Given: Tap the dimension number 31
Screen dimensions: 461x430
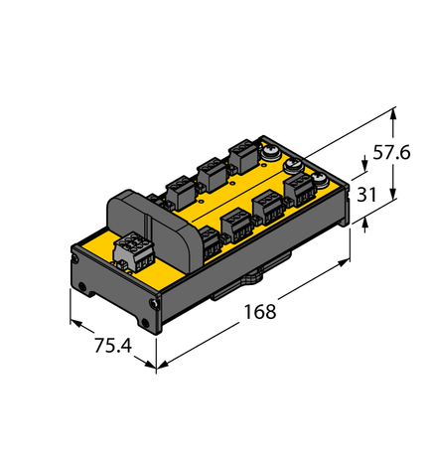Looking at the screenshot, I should coord(365,195).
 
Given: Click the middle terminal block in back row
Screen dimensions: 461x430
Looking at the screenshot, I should coord(211,172).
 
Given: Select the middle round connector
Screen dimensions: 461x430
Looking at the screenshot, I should coord(295,166).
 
